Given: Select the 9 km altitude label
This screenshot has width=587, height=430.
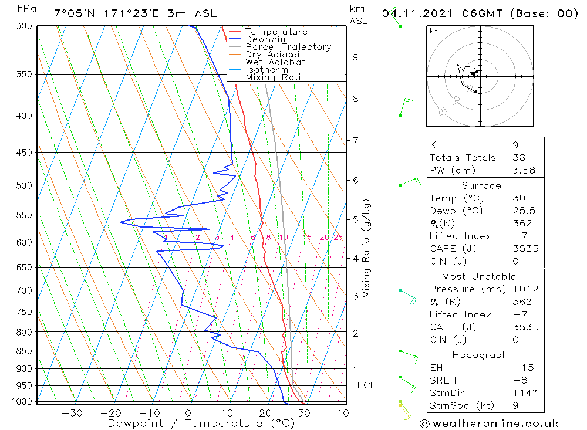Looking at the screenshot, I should coord(355,57).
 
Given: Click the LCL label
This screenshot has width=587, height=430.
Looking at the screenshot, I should coord(366,385).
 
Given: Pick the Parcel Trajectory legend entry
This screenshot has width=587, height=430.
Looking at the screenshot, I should coord(288,47).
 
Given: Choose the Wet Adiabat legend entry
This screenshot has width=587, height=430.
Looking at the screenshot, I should coord(275,62).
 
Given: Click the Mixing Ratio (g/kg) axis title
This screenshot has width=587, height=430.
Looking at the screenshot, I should coord(367,249).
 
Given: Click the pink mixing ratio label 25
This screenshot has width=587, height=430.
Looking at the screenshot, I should coord(338,237).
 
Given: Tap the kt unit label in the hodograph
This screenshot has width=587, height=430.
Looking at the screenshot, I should coord(434,31).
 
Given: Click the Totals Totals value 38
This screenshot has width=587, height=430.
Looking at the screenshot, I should coord(518,157).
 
